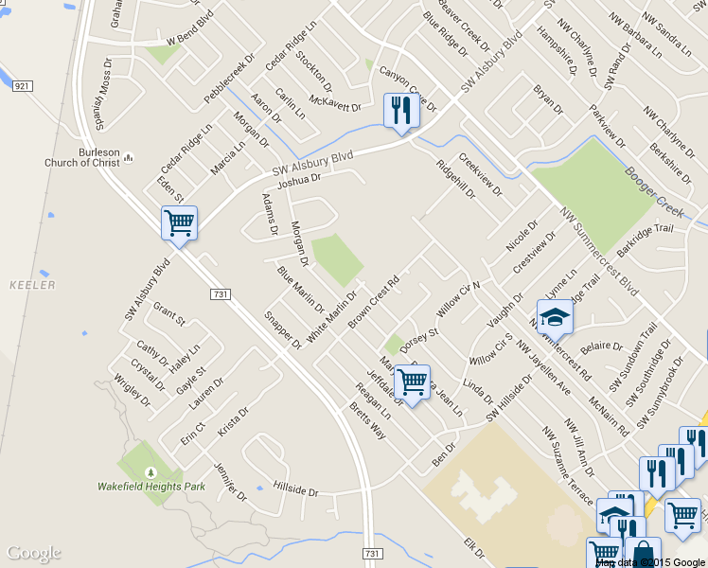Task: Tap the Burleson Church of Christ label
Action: (82, 157)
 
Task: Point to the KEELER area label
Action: (32, 285)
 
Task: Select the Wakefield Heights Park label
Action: (150, 486)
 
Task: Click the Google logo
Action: (34, 553)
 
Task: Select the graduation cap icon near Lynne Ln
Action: (555, 316)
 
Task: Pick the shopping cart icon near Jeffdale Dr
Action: (412, 382)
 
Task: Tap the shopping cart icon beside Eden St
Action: (179, 223)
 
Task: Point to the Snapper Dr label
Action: (283, 330)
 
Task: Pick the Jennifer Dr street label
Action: (230, 481)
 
